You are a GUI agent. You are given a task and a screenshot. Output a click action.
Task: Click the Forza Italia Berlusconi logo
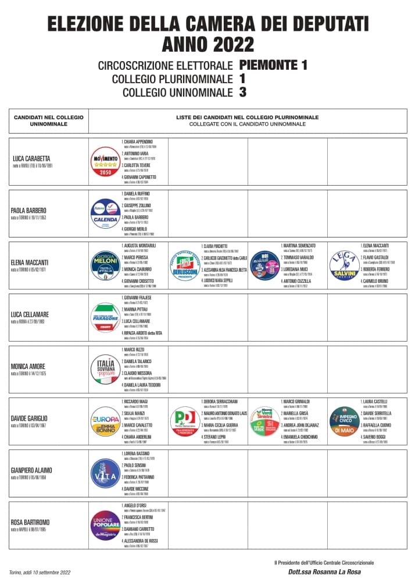[185, 266]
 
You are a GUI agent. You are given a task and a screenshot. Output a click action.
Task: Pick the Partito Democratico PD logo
[185, 421]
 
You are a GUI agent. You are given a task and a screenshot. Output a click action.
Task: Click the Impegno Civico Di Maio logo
[344, 421]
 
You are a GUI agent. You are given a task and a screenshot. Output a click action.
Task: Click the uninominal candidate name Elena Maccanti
[30, 262]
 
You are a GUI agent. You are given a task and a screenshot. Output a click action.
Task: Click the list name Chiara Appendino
[138, 141]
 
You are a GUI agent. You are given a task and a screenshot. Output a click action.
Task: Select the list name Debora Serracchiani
[220, 402]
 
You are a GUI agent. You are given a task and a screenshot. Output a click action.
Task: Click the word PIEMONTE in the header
[266, 64]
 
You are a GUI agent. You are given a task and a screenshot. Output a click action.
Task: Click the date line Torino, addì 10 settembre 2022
[40, 573]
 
